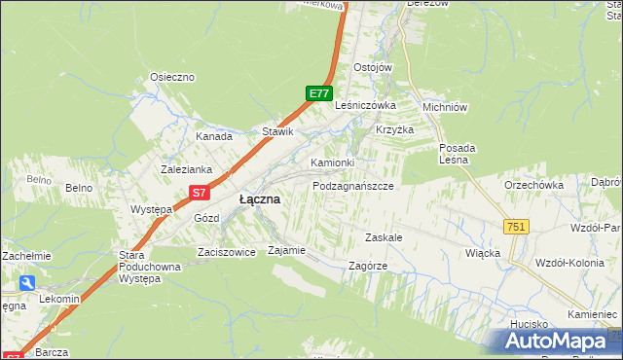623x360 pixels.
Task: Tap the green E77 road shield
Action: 318,93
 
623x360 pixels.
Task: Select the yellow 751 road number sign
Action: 516,227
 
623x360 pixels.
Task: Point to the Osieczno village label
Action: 172,77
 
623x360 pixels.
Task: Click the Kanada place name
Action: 214,136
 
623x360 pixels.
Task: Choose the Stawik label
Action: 277,131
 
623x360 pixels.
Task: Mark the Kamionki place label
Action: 332,162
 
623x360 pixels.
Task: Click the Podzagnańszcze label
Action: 352,185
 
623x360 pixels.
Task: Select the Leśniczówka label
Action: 365,105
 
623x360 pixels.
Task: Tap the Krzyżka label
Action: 395,129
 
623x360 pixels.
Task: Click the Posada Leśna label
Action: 457,154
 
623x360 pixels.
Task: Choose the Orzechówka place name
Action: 534,185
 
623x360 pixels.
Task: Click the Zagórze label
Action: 368,265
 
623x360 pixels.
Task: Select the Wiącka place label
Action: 483,253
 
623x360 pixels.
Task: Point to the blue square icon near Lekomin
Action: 26,283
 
